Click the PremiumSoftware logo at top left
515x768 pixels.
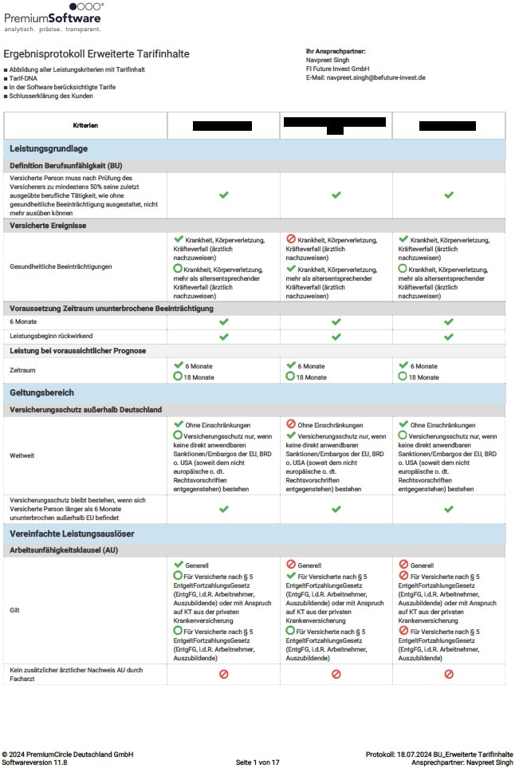53,17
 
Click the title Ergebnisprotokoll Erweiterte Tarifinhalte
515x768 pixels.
96,54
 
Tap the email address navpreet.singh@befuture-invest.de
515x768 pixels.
365,77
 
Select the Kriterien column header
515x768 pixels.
85,126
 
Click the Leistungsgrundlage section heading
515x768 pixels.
49,149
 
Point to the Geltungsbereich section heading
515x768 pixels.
41,393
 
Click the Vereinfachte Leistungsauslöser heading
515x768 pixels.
71,533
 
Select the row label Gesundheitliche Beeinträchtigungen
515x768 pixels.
61,266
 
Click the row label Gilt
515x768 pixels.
16,610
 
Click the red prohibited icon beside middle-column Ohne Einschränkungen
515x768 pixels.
290,425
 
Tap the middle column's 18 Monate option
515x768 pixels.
311,376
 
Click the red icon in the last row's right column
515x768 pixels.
449,674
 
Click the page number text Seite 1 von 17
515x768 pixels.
257,762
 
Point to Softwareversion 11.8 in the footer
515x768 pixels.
35,762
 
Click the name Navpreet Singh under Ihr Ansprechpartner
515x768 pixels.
327,60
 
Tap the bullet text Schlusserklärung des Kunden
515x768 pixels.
53,96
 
